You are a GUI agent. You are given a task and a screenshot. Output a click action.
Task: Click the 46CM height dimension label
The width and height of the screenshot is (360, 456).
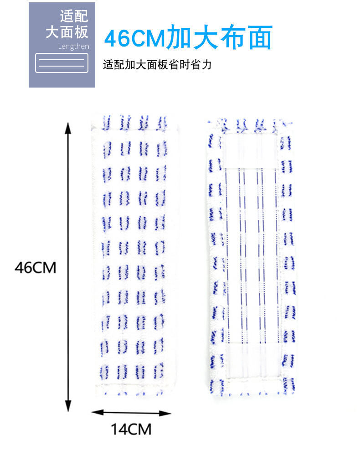35,267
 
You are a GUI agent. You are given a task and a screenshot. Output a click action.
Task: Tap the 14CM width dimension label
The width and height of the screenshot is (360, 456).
131,429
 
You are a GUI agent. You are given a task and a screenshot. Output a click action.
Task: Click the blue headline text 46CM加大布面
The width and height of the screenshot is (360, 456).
188,38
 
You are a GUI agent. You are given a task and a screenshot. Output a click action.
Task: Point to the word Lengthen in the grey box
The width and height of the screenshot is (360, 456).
73,47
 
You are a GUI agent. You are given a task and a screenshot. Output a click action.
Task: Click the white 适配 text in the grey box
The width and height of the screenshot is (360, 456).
74,17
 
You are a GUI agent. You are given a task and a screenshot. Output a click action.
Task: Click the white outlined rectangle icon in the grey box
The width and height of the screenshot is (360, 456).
62,63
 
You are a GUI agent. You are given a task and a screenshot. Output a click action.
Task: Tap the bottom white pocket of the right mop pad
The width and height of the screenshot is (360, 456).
252,360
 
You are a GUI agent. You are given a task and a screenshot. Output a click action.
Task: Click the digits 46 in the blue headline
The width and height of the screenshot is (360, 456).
118,39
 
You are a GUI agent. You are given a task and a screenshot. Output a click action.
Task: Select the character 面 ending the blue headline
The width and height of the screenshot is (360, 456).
260,38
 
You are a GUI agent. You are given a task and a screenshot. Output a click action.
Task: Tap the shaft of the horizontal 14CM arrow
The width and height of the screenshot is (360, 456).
131,413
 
